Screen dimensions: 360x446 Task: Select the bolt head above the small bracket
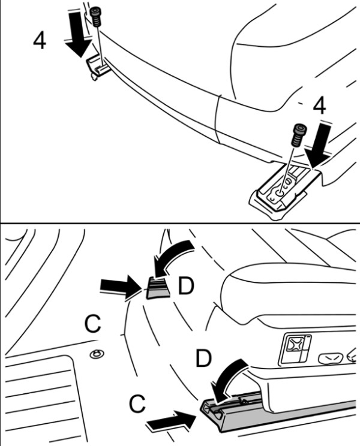95,17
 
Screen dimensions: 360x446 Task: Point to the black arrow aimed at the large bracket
320,144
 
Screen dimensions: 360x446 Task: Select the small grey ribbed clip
158,288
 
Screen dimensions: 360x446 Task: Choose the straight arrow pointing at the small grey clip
121,287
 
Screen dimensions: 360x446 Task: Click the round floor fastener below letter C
97,354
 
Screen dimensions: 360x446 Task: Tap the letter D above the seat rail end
203,358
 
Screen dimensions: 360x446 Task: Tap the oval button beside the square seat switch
330,357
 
